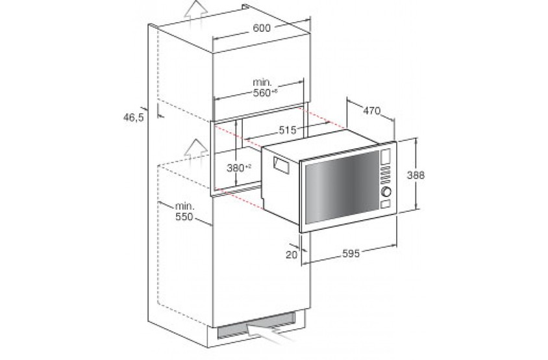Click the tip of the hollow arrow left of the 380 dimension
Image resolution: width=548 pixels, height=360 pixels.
coord(196,139)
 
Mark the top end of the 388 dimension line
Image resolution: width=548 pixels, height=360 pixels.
coord(416,138)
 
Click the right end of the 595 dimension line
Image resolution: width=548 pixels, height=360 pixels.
coord(397,245)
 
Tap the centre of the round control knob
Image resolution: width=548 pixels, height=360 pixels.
coord(386,192)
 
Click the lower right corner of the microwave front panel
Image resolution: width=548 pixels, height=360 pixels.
coord(397,214)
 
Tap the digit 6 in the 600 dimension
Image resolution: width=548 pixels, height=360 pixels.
coord(256,28)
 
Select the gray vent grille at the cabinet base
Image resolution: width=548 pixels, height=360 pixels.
coord(256,326)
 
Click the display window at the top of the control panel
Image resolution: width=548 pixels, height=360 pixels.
coord(386,157)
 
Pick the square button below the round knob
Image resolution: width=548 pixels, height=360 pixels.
coord(386,203)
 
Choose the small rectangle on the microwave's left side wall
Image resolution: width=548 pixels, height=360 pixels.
coord(281,165)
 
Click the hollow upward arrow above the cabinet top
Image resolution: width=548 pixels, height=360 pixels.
coord(196,13)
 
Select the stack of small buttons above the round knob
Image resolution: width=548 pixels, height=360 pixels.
coord(385,175)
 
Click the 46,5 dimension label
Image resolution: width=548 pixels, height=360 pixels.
coord(133,117)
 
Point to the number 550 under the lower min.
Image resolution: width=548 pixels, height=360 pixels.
coord(184,216)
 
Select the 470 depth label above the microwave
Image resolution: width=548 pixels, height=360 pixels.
coord(371,111)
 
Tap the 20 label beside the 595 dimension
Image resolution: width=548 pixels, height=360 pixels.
coord(292,254)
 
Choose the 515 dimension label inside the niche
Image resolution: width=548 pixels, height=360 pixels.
coord(287,130)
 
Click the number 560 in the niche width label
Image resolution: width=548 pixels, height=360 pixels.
coord(262,93)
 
